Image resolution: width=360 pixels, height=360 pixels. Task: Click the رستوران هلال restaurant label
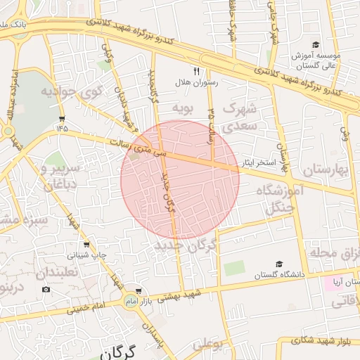[197, 83]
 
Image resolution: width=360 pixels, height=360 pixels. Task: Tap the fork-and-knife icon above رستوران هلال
[196, 72]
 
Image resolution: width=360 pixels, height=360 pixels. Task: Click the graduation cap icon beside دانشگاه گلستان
[279, 265]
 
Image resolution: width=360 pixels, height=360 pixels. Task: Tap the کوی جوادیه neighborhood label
[71, 92]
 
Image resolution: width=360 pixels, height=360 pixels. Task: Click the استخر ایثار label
[258, 163]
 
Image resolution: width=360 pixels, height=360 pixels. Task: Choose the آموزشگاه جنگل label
[283, 200]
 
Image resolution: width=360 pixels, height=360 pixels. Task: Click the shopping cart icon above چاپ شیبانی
[86, 245]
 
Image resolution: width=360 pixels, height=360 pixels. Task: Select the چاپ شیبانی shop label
[87, 255]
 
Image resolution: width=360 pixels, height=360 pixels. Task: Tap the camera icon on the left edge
[46, 289]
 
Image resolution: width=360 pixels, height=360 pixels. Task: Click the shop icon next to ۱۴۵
[63, 118]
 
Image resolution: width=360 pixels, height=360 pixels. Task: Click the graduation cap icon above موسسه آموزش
[316, 44]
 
